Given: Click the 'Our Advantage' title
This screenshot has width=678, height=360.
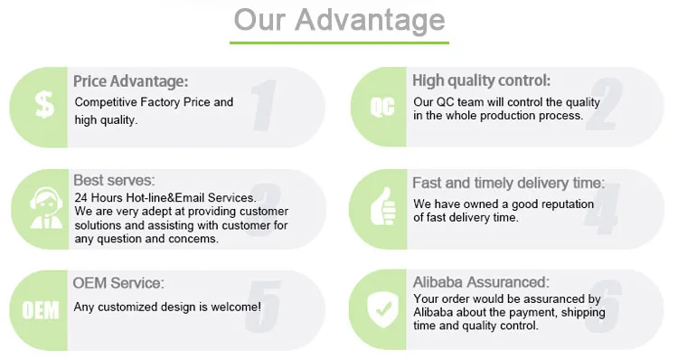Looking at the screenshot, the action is [x=339, y=20].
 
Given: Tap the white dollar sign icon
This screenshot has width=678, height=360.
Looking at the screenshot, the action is [x=44, y=105].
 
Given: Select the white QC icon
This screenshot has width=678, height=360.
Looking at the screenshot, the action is [x=382, y=107].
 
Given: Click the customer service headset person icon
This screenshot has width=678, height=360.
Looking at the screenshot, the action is [x=46, y=208].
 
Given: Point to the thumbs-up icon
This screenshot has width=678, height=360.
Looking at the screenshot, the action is [x=383, y=207].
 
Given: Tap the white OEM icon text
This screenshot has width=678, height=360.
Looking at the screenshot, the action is [x=41, y=310].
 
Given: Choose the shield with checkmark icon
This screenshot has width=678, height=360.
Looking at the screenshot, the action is [x=383, y=309].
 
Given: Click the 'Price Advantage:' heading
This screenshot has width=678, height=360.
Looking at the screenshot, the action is [x=130, y=81].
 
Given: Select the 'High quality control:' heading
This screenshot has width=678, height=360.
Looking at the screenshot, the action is [x=481, y=81].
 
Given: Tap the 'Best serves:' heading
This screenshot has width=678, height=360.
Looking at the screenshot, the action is [x=114, y=180].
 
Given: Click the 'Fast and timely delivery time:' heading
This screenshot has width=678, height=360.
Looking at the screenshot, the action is [x=508, y=183].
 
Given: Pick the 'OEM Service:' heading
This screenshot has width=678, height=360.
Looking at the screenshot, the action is [x=118, y=283].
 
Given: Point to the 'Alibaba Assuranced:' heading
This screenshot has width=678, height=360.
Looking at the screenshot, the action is [x=481, y=282].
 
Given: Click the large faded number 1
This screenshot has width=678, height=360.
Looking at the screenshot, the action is [x=264, y=105].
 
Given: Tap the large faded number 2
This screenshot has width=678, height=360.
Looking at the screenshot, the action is [x=605, y=104].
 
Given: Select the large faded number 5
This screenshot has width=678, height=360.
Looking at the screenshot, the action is [x=263, y=307].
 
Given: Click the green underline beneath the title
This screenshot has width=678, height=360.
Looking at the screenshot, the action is [x=339, y=43].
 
